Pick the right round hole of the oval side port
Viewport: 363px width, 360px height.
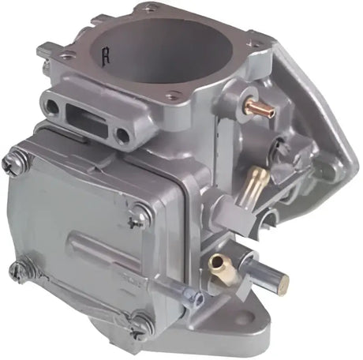(x=122, y=136)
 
